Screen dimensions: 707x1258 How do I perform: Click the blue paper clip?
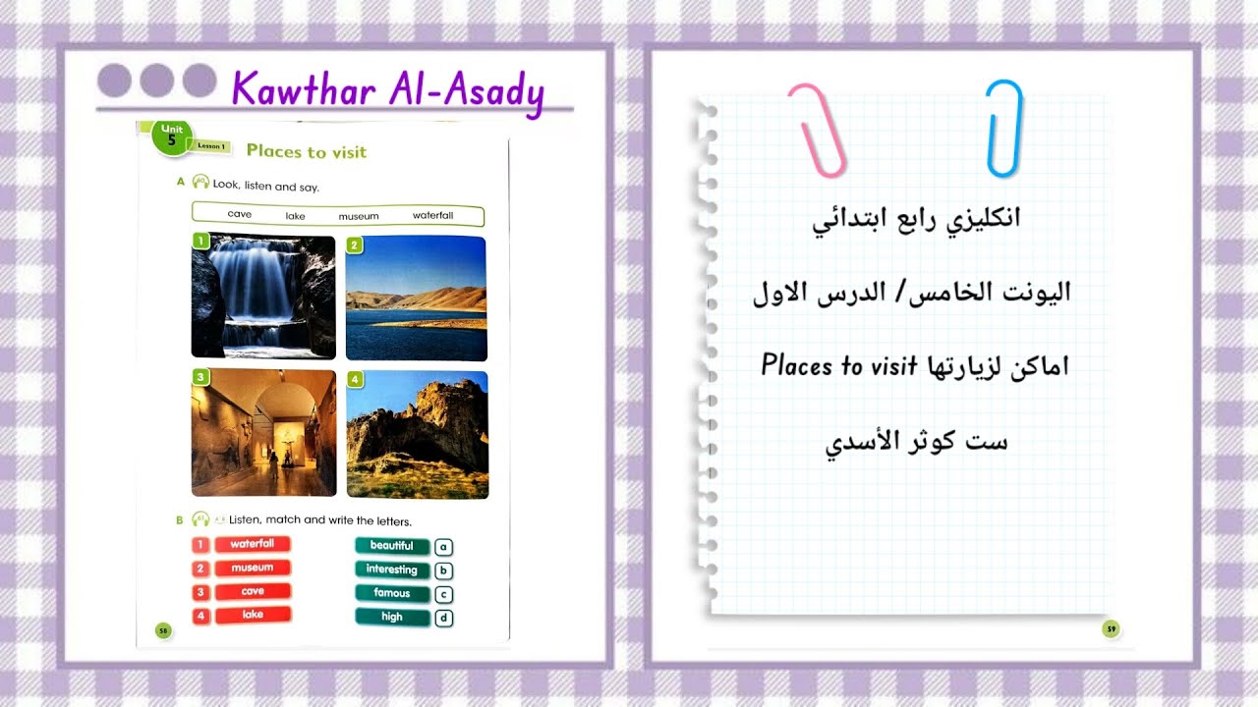[1004, 129]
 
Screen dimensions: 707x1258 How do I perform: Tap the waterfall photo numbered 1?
[263, 297]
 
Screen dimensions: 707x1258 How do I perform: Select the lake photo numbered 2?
[417, 299]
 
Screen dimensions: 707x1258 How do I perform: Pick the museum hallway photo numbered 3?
[263, 433]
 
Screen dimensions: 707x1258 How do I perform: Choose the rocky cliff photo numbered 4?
[417, 434]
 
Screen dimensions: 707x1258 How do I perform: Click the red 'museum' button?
[252, 568]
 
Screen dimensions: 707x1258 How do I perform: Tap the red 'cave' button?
[253, 592]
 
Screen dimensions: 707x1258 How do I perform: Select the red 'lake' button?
[253, 615]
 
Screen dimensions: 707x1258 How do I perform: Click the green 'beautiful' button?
[391, 546]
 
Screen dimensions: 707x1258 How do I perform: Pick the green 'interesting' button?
[391, 570]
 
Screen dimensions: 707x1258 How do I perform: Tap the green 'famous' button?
[391, 593]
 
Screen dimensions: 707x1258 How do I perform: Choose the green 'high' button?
[391, 617]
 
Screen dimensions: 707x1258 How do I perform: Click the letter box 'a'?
[443, 547]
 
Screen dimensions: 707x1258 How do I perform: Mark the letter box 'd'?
[443, 618]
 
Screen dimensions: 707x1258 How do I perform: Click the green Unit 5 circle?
[172, 138]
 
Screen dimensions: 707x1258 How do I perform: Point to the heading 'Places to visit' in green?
[306, 151]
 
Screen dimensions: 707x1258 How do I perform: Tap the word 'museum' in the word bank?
[359, 216]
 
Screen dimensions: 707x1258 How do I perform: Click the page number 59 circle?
[1111, 628]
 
